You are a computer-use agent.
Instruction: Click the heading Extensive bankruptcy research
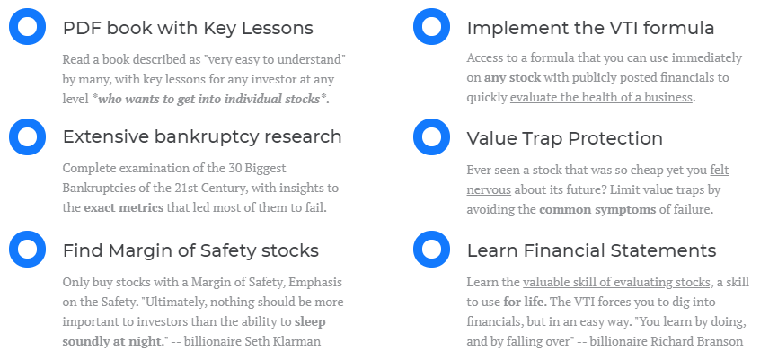(202, 137)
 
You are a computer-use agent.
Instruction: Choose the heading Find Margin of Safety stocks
(190, 250)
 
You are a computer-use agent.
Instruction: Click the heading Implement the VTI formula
(590, 28)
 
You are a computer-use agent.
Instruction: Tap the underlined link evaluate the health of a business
(601, 97)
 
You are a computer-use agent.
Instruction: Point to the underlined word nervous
(489, 190)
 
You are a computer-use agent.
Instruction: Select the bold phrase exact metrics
(124, 208)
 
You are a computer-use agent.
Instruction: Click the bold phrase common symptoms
(597, 210)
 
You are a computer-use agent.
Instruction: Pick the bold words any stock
(512, 77)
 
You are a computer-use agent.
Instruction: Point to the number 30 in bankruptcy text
(234, 168)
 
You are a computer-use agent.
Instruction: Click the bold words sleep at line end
(310, 321)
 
